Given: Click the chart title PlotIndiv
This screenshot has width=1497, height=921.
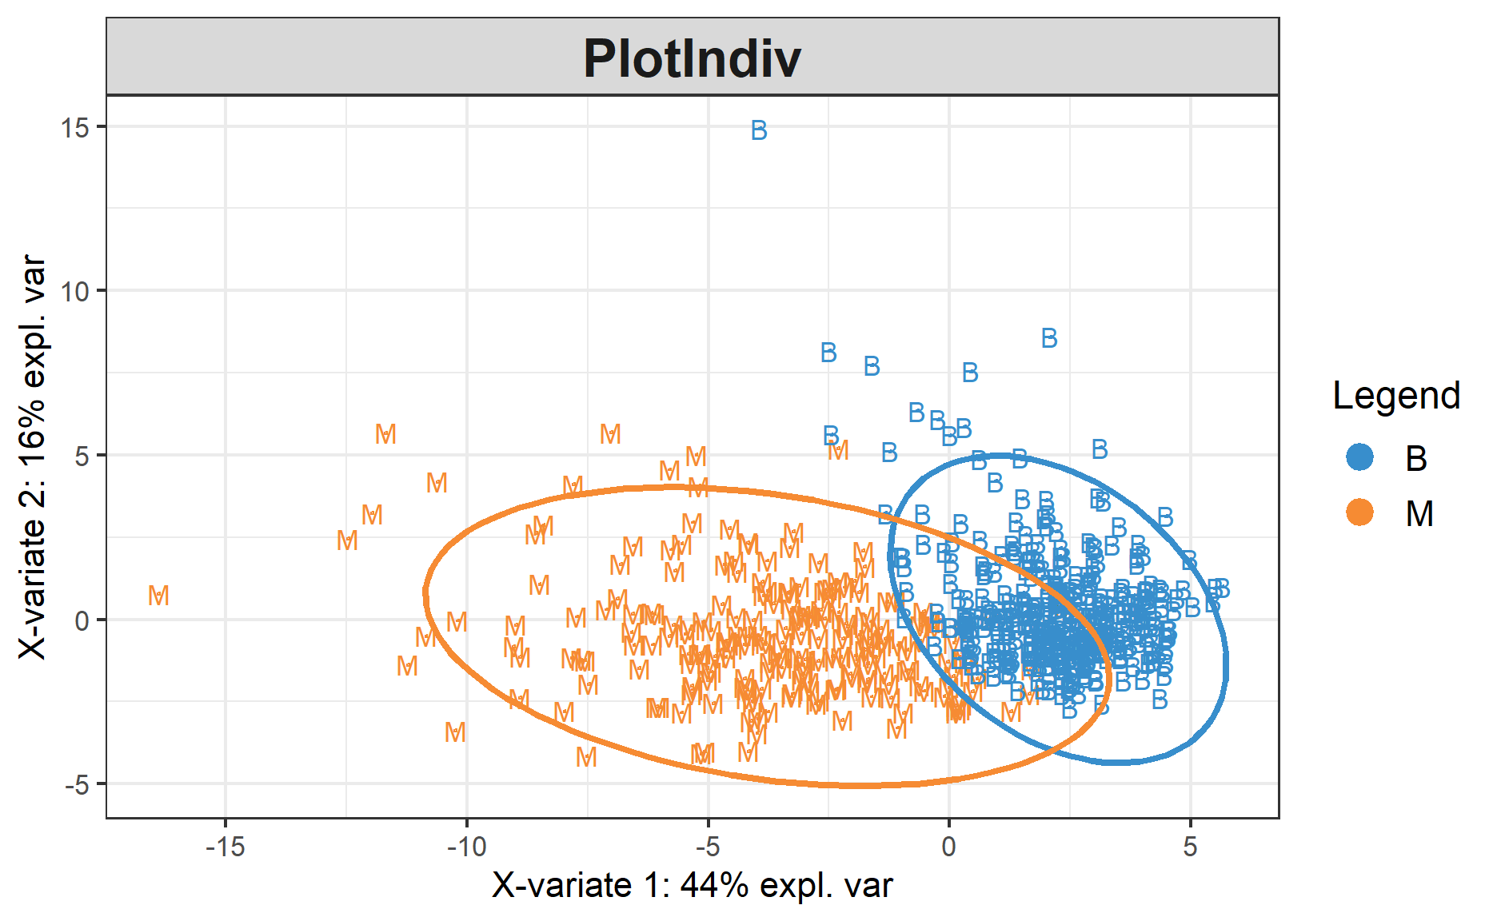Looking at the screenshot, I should point(692,58).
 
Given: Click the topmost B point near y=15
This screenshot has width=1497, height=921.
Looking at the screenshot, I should point(759,130).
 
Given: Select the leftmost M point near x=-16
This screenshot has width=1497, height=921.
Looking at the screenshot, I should point(158,596).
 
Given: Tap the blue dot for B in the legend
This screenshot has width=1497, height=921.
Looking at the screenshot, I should point(1359,457).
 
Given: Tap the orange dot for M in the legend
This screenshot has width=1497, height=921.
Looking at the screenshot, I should point(1359,512).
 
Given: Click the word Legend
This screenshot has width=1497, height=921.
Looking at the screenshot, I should point(1396,396).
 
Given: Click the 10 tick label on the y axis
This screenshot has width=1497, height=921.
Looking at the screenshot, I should point(75,291).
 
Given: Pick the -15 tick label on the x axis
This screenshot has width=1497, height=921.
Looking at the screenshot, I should point(225,847).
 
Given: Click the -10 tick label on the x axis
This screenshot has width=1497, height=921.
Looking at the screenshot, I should point(466,847).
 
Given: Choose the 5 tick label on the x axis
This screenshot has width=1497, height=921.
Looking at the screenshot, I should point(1190,847).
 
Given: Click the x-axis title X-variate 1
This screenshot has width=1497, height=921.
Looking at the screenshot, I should point(692,886).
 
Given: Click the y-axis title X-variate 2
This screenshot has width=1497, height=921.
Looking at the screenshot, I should point(33,457).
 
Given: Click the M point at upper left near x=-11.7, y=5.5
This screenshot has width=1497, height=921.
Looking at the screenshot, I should point(385,434).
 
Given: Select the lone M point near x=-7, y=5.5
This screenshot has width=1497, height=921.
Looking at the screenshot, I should point(610,434).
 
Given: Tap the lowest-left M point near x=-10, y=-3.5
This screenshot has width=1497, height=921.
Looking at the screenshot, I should point(455,732).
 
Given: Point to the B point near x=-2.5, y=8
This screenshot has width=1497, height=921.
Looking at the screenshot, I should point(828,353).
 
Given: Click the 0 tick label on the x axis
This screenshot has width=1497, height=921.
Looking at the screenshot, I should point(948,847).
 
